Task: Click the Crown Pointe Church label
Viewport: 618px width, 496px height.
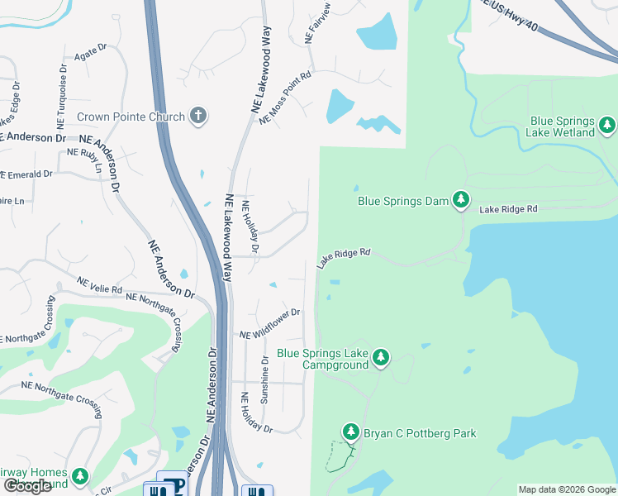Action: point(131,117)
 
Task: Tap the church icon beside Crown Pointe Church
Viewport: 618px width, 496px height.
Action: point(197,116)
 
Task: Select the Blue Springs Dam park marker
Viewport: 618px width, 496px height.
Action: point(461,200)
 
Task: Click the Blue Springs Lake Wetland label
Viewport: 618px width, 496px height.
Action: point(562,126)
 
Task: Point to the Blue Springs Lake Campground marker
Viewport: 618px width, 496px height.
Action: point(380,357)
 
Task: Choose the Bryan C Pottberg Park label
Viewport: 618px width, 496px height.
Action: point(421,433)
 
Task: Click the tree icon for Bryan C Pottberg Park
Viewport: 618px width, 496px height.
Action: point(351,432)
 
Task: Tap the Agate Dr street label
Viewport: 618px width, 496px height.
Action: point(90,53)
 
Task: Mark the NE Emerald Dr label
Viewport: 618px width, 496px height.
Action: point(26,175)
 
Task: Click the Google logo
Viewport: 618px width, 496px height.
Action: point(28,486)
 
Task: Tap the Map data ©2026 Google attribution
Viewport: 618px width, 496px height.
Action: point(566,489)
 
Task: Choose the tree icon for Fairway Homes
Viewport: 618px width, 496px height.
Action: point(79,476)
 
